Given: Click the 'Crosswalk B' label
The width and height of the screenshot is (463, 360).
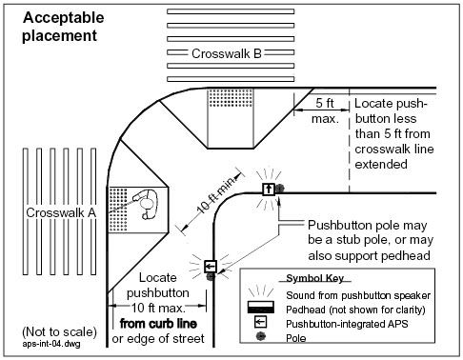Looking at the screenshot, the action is (227, 53).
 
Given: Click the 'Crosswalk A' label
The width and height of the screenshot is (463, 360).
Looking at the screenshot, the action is (61, 212).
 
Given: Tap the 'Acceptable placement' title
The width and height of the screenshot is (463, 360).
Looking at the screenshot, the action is (63, 27).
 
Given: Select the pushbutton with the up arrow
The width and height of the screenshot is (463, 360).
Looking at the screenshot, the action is (269, 190).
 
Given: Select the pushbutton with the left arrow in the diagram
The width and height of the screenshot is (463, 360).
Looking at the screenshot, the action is (211, 267).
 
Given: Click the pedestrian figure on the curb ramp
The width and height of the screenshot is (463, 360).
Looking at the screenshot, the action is (147, 204).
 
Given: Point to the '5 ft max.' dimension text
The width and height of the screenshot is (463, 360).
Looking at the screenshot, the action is (325, 110).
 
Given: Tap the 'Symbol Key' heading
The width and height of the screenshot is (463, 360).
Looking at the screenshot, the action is (314, 278).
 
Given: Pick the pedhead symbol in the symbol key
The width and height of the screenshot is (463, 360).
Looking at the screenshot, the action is (261, 308).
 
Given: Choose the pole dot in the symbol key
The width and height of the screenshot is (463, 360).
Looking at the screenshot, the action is (261, 336).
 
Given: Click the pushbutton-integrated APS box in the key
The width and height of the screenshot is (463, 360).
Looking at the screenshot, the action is (260, 322).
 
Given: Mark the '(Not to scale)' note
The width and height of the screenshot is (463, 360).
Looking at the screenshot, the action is (59, 331).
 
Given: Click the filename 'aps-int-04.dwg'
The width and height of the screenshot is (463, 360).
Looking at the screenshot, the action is (51, 344).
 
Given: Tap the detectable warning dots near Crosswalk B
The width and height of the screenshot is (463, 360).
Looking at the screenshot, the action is (231, 98).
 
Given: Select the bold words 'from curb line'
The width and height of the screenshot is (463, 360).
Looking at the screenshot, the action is (158, 324).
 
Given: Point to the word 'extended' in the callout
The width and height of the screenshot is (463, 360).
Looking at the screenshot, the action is (381, 164).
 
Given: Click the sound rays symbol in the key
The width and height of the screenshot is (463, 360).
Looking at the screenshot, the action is (261, 290).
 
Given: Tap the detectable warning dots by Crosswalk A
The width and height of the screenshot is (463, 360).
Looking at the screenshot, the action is (118, 210).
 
